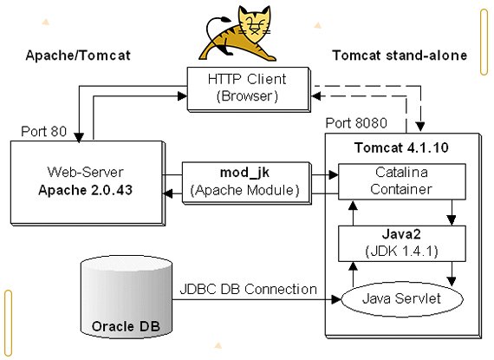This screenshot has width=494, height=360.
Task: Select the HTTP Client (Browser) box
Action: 248,88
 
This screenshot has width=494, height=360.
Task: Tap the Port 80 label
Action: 44,132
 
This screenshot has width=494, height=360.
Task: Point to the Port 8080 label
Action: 356,123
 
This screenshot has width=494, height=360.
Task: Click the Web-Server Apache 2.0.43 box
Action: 88,183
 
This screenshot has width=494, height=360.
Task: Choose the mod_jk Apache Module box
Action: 246,183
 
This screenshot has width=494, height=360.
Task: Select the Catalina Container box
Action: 401,181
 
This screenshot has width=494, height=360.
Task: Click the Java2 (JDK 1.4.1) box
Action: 401,243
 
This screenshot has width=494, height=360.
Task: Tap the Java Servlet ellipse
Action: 402,299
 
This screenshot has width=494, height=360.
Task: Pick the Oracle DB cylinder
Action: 127,297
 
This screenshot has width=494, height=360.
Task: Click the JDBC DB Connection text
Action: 248,289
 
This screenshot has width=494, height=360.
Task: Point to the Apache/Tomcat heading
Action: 78,56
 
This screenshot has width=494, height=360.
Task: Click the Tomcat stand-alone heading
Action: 400,56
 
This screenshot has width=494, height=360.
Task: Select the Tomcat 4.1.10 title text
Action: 401,147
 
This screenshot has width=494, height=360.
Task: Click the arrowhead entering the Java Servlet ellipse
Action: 336,299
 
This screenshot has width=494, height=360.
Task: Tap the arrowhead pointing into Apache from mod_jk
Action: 167,193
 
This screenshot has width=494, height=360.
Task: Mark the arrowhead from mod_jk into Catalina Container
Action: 334,174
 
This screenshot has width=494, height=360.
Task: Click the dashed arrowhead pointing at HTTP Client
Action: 316,95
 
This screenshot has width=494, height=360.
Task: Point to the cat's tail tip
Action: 224,20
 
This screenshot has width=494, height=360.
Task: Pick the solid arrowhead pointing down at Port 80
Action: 79,137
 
